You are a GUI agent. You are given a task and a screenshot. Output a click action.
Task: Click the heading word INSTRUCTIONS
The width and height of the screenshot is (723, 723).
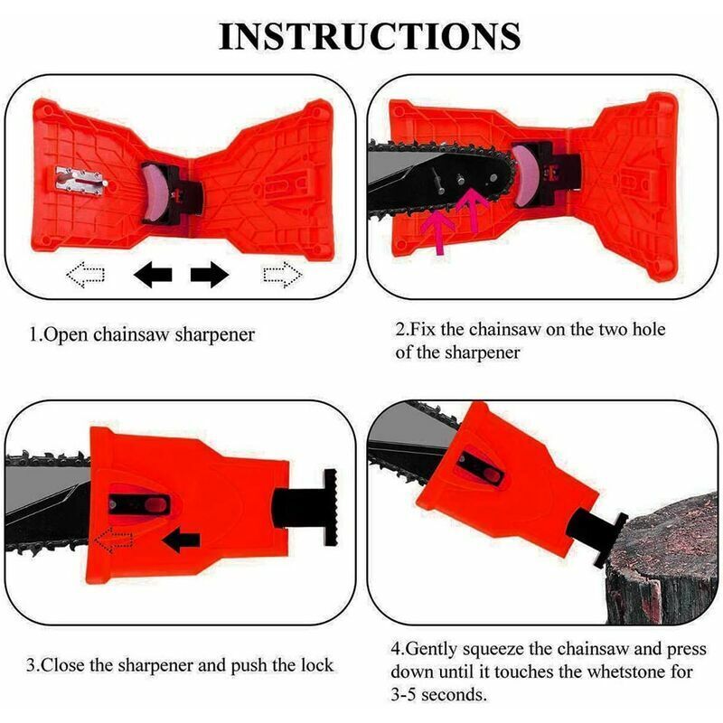point(370,36)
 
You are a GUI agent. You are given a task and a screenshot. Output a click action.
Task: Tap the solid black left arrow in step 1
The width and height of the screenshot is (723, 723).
point(153,275)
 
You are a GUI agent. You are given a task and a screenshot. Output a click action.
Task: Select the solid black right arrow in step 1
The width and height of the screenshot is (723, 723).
point(210,275)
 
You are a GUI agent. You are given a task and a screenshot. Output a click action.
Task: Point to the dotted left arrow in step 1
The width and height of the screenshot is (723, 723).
point(86,275)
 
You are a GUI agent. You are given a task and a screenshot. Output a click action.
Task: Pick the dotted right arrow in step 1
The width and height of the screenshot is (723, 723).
point(283,275)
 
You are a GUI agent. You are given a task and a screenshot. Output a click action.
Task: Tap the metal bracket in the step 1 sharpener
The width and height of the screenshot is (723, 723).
point(80,180)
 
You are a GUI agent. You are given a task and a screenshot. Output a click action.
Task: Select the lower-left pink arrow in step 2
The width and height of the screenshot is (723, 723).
point(437,230)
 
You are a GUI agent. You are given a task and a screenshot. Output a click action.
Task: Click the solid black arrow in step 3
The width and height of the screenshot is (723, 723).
point(182,540)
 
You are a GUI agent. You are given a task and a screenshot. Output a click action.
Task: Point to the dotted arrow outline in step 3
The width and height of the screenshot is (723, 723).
point(114,540)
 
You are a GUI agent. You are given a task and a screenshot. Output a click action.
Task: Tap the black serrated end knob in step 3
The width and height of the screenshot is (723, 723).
point(331,507)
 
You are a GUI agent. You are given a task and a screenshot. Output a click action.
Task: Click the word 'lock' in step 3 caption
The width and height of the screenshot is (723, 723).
point(317,665)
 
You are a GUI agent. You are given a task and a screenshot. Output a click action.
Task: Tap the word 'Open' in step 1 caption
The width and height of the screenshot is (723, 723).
point(65,334)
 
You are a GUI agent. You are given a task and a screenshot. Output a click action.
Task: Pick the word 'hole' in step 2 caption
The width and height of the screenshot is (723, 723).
point(649,329)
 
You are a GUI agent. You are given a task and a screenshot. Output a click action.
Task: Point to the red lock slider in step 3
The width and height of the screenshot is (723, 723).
point(155,505)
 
